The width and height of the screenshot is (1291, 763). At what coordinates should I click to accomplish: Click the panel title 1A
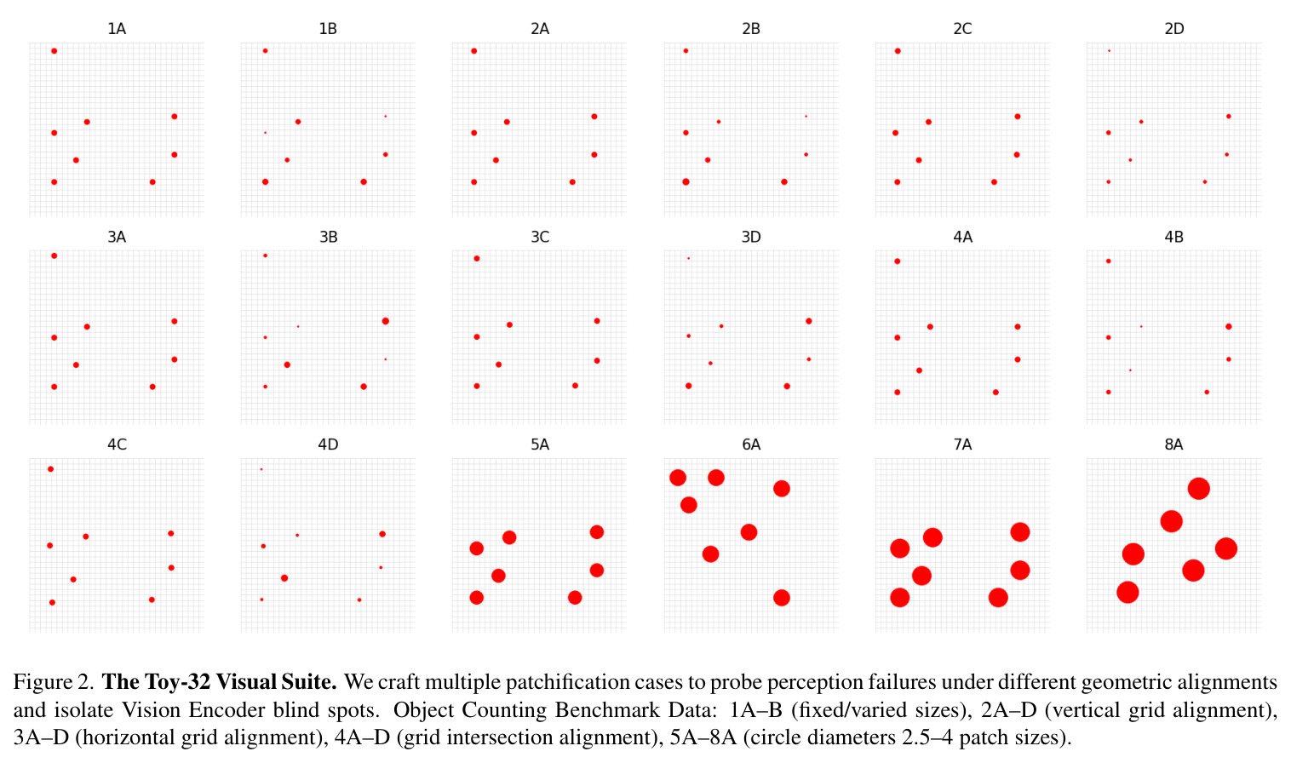tap(117, 29)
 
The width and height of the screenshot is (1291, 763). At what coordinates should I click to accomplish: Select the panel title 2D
tap(1174, 29)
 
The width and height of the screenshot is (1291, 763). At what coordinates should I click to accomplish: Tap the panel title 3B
tap(329, 237)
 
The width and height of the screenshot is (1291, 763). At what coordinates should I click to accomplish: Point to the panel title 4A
tap(962, 237)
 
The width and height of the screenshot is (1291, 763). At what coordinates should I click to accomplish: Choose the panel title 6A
tap(751, 445)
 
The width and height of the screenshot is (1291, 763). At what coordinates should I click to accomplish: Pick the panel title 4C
tap(117, 445)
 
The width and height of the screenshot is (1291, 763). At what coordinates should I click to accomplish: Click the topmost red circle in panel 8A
tap(1199, 489)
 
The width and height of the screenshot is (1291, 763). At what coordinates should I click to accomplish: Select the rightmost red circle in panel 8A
tap(1226, 548)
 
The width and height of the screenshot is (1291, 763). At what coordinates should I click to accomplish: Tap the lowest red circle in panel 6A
tap(782, 598)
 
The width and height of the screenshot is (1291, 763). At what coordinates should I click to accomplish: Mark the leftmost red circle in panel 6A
tap(678, 477)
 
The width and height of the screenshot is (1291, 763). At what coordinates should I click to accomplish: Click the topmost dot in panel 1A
tap(55, 51)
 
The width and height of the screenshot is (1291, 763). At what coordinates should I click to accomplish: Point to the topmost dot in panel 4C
tap(51, 469)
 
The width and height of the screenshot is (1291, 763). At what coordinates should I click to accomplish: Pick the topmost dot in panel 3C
tap(477, 258)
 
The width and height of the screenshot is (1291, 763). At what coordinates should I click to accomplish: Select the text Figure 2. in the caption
tap(54, 682)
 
